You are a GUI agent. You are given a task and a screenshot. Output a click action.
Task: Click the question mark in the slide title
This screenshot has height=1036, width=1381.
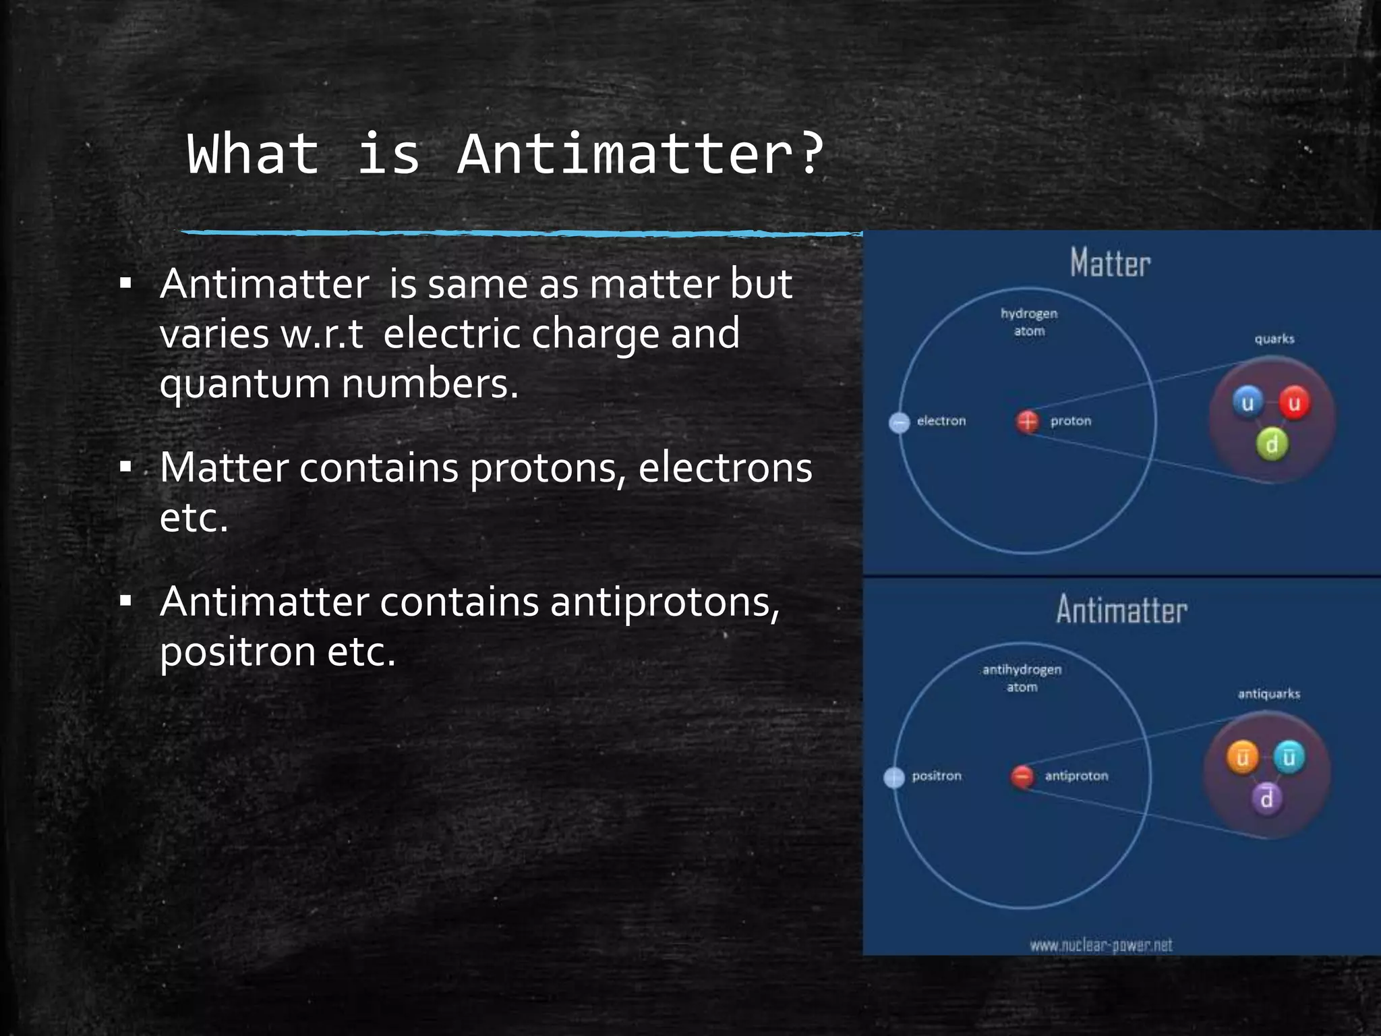click(x=809, y=154)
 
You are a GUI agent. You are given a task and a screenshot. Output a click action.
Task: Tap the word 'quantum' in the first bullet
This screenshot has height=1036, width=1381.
click(x=243, y=384)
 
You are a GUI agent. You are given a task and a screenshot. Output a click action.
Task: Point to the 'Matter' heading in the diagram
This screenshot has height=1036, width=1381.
click(x=1110, y=263)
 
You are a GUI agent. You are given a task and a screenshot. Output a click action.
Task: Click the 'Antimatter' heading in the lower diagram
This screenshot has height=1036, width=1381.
click(x=1121, y=610)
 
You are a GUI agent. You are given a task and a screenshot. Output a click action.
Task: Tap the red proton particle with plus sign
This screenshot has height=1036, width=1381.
click(x=1027, y=422)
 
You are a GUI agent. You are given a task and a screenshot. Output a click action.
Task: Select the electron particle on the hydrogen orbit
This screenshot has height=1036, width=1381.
click(x=900, y=423)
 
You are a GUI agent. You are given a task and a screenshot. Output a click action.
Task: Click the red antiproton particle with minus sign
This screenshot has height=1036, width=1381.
click(x=1022, y=776)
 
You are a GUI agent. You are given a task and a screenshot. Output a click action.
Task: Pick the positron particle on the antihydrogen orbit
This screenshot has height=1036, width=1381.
click(x=894, y=777)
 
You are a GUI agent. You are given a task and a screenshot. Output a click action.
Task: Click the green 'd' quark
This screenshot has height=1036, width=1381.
click(x=1272, y=444)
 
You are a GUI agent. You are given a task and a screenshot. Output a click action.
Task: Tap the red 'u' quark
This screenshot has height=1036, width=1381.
click(x=1294, y=403)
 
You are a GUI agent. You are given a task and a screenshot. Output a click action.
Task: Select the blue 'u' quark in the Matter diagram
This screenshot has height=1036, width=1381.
click(x=1247, y=403)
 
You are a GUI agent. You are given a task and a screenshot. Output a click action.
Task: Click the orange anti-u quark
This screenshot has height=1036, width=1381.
click(x=1242, y=757)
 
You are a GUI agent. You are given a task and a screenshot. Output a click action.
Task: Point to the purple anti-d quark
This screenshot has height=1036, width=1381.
click(x=1267, y=799)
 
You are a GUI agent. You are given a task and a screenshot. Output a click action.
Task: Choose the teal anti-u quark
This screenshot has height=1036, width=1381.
click(x=1289, y=757)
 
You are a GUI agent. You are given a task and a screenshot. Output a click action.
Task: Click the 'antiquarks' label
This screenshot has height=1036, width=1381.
click(x=1268, y=694)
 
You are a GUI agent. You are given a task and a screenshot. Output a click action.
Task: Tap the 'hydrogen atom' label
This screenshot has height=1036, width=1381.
click(x=1029, y=322)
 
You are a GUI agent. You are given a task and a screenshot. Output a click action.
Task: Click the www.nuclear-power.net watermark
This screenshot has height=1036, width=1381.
click(x=1100, y=945)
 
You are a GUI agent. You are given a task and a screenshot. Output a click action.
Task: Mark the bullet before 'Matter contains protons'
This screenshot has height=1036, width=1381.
click(x=125, y=467)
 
